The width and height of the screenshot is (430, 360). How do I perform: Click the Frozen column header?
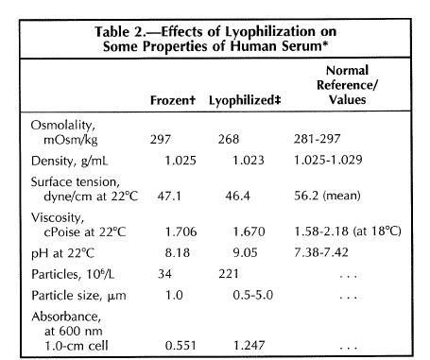[173, 100]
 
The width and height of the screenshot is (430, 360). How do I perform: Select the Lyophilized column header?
[245, 101]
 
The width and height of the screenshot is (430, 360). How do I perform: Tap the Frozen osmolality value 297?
[161, 139]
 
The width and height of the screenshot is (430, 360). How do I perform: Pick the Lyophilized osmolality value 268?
[229, 139]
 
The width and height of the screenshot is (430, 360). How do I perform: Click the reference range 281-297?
[318, 139]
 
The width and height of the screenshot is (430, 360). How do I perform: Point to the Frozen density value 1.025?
[181, 161]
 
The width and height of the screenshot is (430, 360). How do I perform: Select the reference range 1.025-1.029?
[328, 160]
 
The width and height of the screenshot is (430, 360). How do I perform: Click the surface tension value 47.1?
[169, 196]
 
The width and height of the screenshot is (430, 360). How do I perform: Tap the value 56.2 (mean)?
[327, 196]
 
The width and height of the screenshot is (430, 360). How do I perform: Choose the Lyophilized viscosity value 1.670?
[249, 231]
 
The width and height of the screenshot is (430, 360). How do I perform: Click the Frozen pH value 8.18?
[178, 253]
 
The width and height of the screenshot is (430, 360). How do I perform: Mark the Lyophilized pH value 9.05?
[245, 252]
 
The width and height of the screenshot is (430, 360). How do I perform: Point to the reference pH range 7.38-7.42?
[321, 252]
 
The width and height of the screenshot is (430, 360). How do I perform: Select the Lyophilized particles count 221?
[229, 274]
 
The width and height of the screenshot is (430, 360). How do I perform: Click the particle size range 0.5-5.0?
[253, 295]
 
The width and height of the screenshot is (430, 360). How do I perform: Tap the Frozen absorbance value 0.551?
[181, 345]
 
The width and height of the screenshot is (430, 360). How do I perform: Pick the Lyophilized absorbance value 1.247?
[249, 345]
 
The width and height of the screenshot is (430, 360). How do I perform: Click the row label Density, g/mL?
[69, 161]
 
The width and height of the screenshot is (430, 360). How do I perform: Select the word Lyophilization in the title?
[269, 32]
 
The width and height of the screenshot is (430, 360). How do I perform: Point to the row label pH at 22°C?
[62, 253]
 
